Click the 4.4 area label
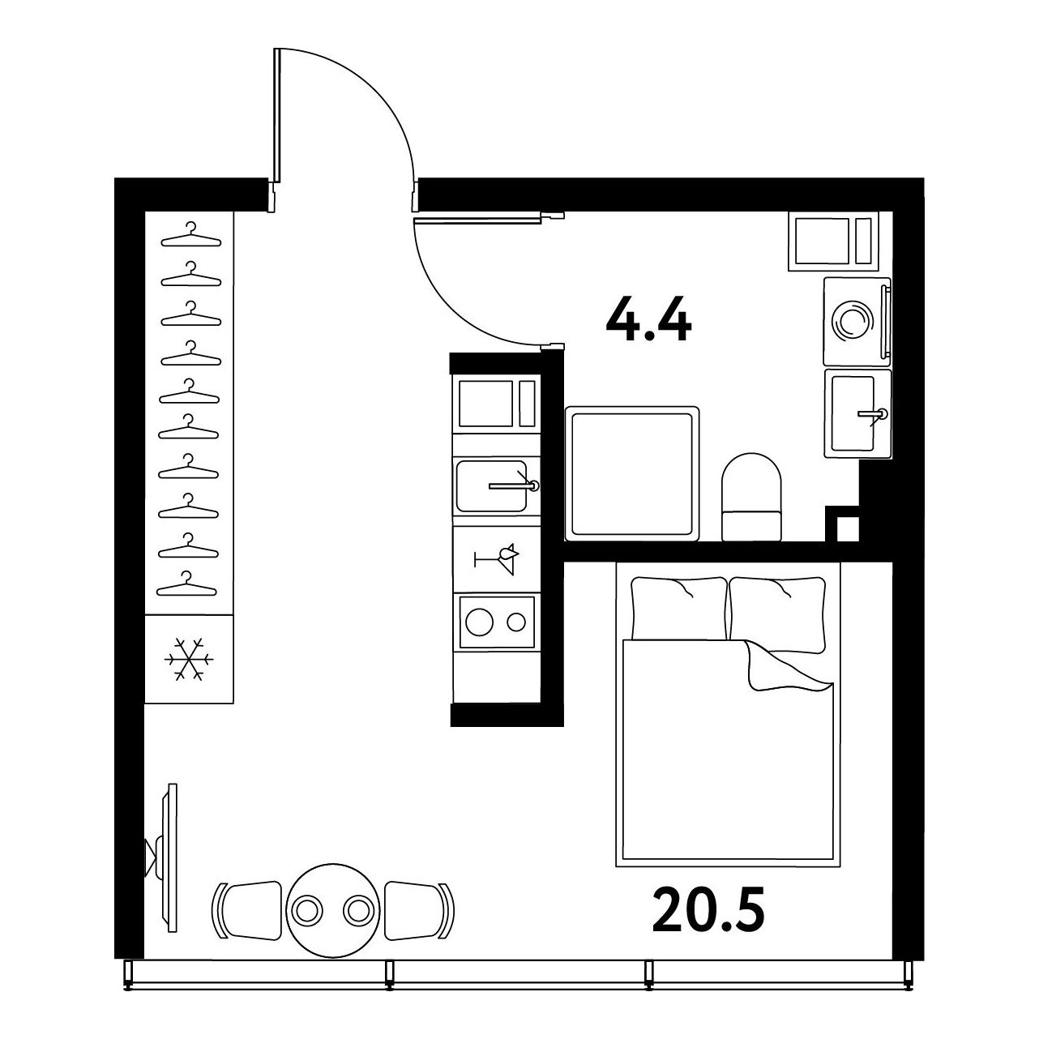648,320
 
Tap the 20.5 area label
708,911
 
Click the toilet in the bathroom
751,497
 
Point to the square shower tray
632,473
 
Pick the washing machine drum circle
852,320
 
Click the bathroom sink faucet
872,414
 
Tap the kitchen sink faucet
515,485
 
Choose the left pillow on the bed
679,608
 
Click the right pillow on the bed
777,614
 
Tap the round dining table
332,910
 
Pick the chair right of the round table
419,911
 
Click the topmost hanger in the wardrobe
191,235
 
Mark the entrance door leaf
277,115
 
